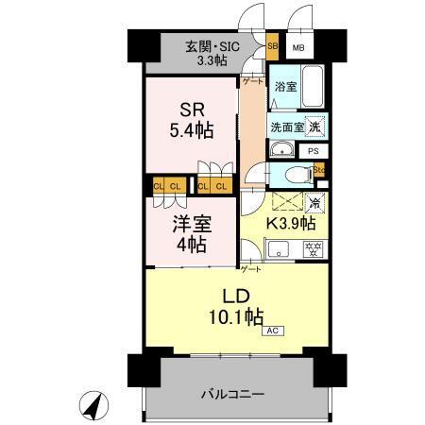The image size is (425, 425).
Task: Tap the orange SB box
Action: click(272, 45)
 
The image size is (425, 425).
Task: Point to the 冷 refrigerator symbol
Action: click(314, 202)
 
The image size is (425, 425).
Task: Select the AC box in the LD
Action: click(271, 331)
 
